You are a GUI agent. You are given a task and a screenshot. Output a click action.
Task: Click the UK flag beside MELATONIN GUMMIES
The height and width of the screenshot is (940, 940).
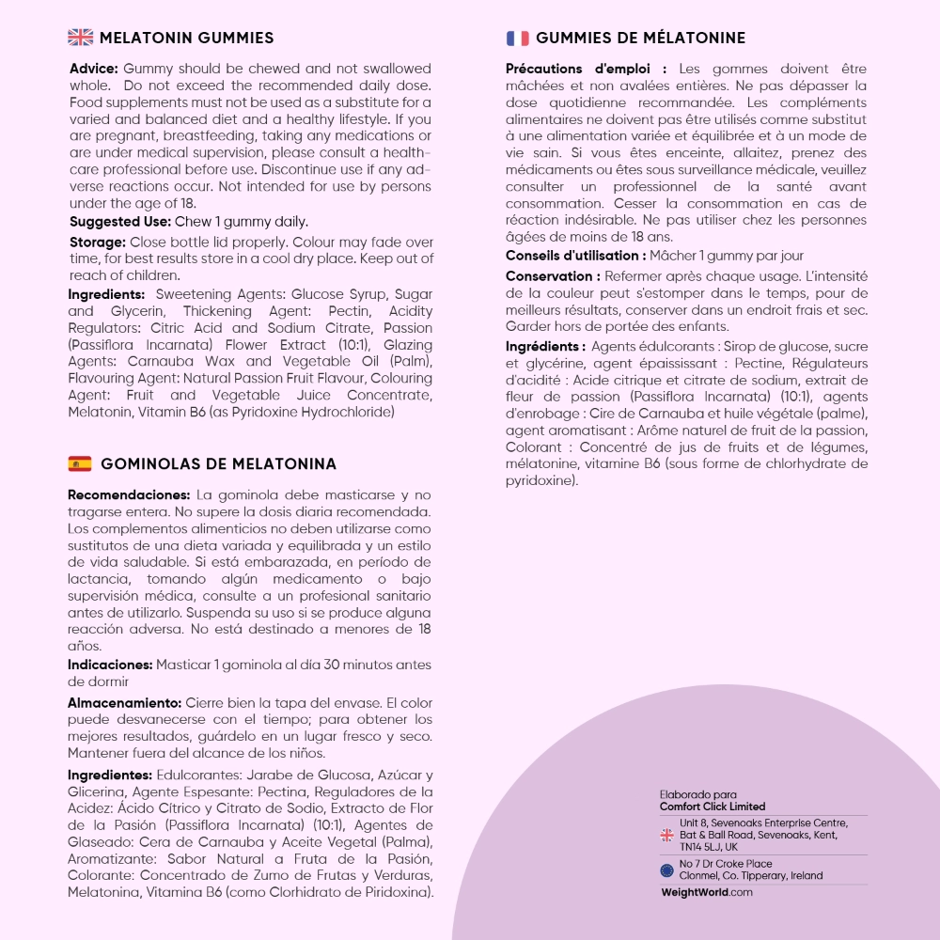click(81, 39)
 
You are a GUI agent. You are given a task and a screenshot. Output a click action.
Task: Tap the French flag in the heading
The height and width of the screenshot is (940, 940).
click(518, 39)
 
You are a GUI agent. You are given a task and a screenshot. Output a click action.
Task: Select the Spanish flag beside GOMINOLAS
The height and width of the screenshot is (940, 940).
click(80, 463)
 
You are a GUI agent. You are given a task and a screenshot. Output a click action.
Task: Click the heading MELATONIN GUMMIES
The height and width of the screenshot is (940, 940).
click(186, 39)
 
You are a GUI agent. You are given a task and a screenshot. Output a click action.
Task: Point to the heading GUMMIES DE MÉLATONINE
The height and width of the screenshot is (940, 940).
click(640, 39)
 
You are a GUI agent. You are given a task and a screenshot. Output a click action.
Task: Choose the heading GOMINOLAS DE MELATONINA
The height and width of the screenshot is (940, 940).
click(218, 464)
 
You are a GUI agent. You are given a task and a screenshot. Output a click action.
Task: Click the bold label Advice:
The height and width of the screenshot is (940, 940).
click(94, 69)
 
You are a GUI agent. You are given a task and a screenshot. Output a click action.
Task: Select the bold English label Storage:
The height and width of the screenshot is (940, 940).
click(98, 242)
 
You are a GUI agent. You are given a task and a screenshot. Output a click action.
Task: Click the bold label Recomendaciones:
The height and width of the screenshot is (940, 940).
click(129, 494)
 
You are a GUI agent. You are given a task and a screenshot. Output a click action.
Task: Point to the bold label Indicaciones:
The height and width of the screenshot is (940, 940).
click(110, 665)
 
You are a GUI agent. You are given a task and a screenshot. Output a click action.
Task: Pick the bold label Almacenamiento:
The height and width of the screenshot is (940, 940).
click(124, 702)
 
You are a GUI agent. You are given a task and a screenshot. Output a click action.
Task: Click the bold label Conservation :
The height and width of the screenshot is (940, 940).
click(553, 276)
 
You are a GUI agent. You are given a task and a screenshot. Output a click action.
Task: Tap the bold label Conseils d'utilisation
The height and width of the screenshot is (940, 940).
click(574, 256)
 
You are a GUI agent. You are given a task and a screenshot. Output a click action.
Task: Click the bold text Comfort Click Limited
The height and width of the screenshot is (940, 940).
click(713, 807)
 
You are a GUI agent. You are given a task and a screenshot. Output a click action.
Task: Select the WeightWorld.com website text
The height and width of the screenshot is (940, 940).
click(707, 892)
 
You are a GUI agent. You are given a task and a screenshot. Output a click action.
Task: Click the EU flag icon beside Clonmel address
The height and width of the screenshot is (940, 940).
click(666, 869)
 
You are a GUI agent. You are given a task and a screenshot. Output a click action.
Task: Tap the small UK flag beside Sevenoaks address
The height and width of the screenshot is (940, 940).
click(666, 835)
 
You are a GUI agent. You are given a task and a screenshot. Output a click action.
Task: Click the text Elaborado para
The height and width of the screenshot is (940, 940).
click(698, 794)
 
